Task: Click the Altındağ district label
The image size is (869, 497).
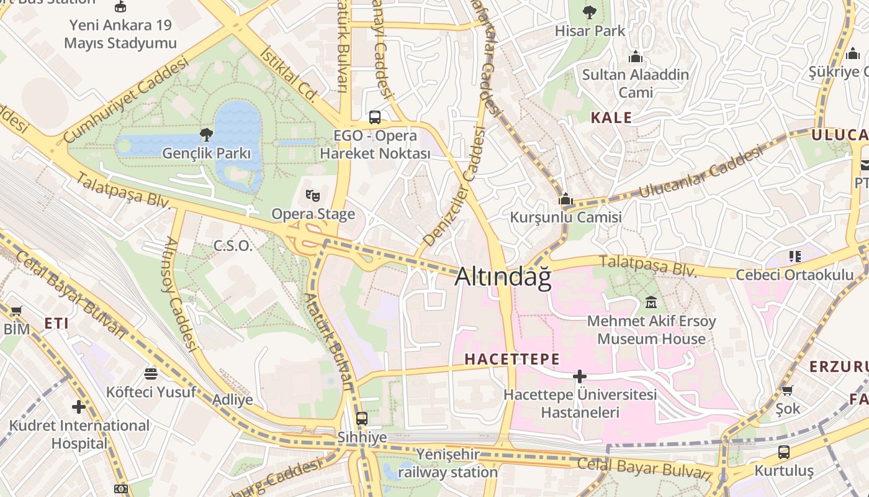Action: pyautogui.click(x=503, y=277)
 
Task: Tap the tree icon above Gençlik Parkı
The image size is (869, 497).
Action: pyautogui.click(x=206, y=134)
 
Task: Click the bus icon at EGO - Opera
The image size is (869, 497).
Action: pyautogui.click(x=375, y=117)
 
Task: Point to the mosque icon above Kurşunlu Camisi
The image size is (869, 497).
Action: pyautogui.click(x=565, y=199)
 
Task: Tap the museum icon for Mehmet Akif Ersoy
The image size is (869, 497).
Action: pyautogui.click(x=651, y=303)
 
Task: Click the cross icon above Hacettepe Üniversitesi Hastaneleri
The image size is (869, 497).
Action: pyautogui.click(x=580, y=376)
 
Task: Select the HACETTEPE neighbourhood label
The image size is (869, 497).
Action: pyautogui.click(x=512, y=359)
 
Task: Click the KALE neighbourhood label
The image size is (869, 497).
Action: pyautogui.click(x=611, y=117)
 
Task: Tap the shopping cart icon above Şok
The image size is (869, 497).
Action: pyautogui.click(x=787, y=390)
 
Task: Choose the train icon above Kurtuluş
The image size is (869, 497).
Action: pyautogui.click(x=784, y=452)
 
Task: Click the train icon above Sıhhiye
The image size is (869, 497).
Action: pyautogui.click(x=361, y=418)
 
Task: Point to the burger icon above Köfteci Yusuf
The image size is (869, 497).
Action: pyautogui.click(x=151, y=373)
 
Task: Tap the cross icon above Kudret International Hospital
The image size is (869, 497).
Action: pyautogui.click(x=79, y=407)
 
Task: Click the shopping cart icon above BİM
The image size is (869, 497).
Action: pyautogui.click(x=16, y=310)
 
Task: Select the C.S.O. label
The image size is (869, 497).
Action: pyautogui.click(x=233, y=246)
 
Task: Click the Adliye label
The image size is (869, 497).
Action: pyautogui.click(x=233, y=399)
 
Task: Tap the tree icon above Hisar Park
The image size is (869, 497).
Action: pyautogui.click(x=589, y=12)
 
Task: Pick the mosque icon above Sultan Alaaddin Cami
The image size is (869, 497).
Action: pyautogui.click(x=635, y=57)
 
